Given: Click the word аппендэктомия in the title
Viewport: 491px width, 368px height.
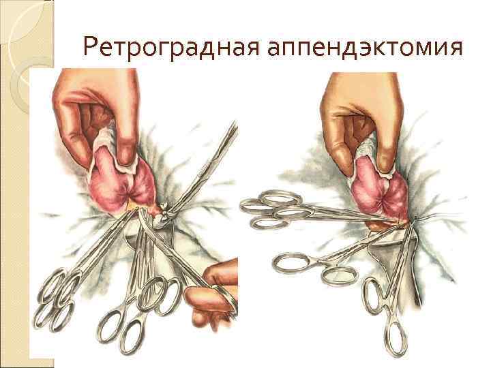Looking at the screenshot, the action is tap(365, 48).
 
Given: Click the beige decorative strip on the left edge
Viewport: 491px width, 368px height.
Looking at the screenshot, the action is tap(14, 184).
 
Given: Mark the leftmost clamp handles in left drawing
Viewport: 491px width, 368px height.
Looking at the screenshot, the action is tap(57, 301).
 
